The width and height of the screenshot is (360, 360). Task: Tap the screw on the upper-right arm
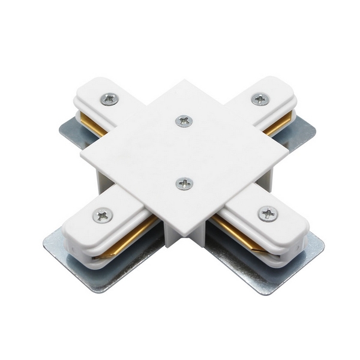point(260,99)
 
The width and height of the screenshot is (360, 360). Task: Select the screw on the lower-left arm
point(103,214)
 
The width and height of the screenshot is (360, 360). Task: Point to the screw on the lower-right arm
point(268,213)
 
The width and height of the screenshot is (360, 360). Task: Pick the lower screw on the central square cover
point(184,183)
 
